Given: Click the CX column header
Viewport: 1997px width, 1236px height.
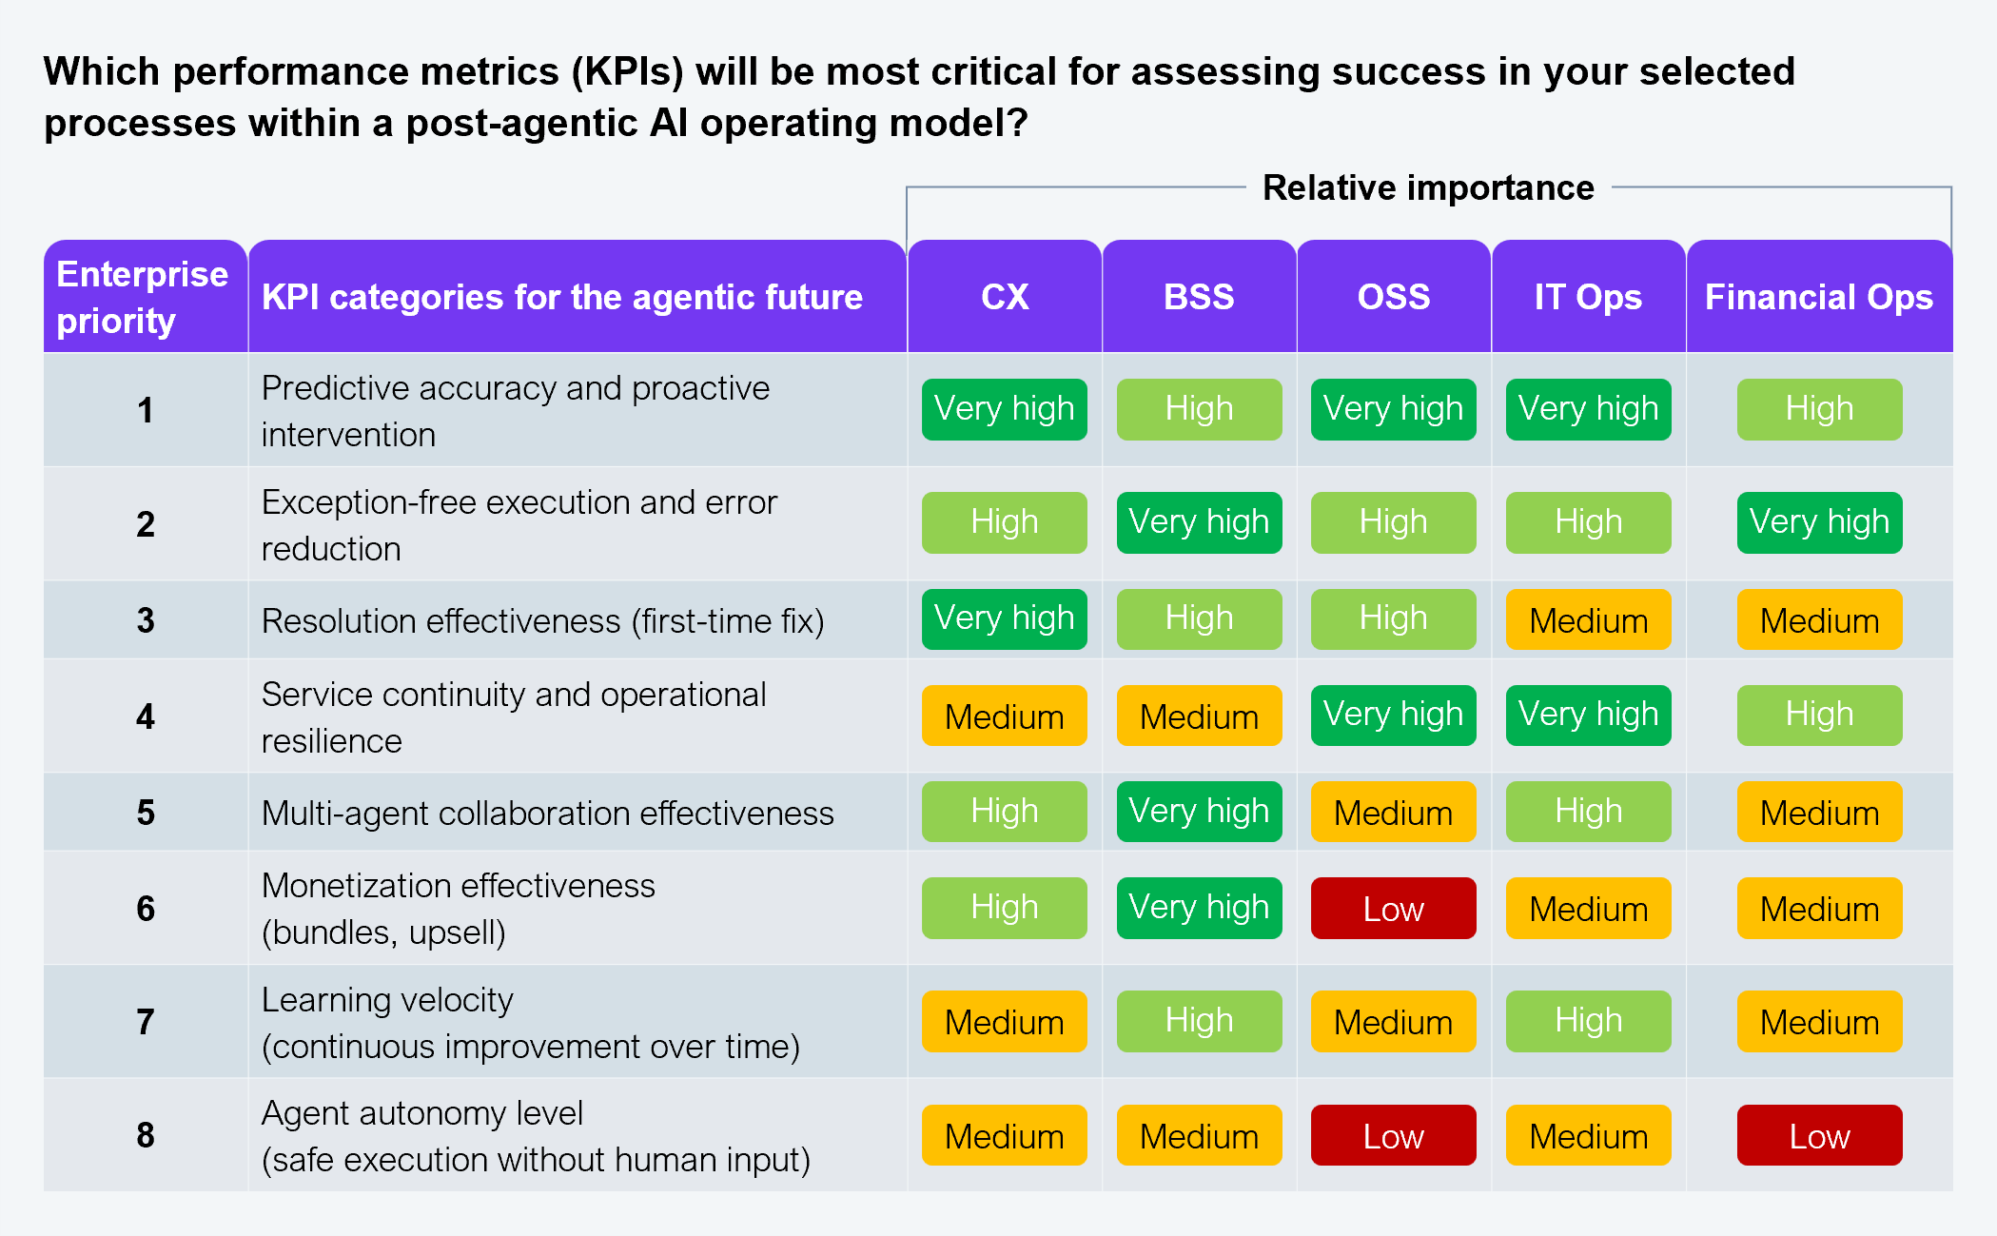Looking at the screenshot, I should pyautogui.click(x=1005, y=297).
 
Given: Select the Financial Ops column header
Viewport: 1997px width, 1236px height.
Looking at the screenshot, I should pyautogui.click(x=1818, y=297).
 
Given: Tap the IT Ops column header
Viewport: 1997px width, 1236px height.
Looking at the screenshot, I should pyautogui.click(x=1588, y=297).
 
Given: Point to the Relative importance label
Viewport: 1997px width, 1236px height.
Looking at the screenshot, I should pyautogui.click(x=1428, y=187).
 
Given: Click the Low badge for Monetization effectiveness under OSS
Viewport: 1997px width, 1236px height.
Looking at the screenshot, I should pyautogui.click(x=1393, y=909).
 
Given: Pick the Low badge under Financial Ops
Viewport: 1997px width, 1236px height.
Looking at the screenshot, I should pyautogui.click(x=1819, y=1136).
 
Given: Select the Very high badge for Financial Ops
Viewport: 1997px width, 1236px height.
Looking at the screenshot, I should pyautogui.click(x=1819, y=522).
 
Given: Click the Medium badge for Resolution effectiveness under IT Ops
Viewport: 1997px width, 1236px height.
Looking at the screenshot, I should pyautogui.click(x=1588, y=620).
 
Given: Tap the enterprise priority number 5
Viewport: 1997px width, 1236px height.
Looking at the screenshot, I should pyautogui.click(x=146, y=813).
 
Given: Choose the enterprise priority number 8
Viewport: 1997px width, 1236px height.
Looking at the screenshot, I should pyautogui.click(x=146, y=1135).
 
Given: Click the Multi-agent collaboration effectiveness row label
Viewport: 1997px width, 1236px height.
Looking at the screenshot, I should pyautogui.click(x=547, y=814).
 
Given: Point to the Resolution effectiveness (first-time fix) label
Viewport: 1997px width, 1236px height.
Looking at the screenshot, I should pyautogui.click(x=542, y=621).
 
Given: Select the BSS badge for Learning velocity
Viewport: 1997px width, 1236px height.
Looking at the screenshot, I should pyautogui.click(x=1199, y=1021).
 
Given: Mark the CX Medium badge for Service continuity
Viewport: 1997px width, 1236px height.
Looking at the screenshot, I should pyautogui.click(x=1004, y=716).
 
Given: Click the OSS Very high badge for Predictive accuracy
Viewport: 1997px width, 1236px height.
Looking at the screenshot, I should pyautogui.click(x=1393, y=409).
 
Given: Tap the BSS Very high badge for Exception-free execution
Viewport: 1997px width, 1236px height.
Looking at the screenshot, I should pyautogui.click(x=1199, y=522).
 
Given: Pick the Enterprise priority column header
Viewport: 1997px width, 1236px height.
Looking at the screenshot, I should pyautogui.click(x=143, y=297).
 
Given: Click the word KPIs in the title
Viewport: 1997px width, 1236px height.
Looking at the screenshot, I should pyautogui.click(x=628, y=72).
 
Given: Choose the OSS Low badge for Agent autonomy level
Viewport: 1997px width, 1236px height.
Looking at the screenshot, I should pyautogui.click(x=1393, y=1136).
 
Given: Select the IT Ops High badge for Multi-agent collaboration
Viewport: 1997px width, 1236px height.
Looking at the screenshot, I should pyautogui.click(x=1588, y=812).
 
